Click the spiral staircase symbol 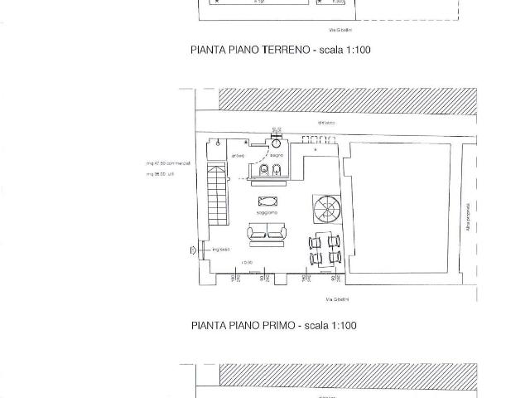pos(322,207)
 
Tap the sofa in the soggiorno pos(266,235)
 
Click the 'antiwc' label pos(238,155)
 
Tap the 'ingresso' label pos(220,249)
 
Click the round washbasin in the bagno pos(276,139)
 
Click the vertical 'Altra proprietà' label pos(469,217)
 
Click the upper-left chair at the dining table pos(315,241)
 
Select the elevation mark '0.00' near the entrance pos(247,263)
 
